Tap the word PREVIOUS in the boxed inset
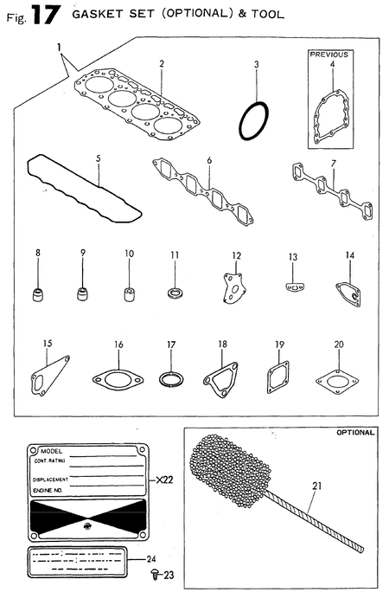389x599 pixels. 328,55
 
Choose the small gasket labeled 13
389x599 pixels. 295,288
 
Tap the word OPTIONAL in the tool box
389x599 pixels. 354,432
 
